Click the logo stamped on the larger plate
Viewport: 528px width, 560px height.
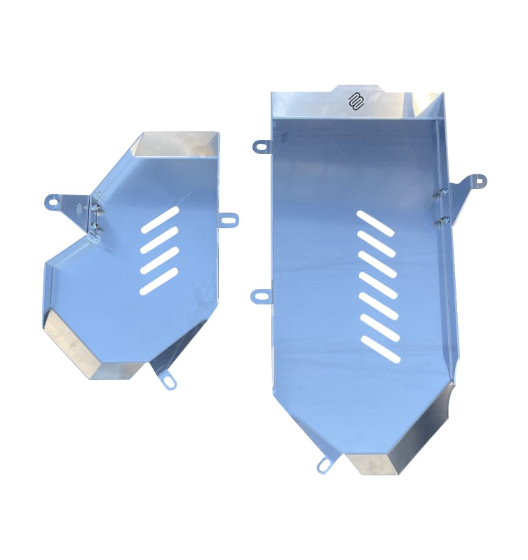356,101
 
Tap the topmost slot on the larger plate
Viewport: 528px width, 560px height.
376,223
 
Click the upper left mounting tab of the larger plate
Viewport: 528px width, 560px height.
262,146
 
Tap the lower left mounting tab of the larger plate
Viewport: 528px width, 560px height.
260,296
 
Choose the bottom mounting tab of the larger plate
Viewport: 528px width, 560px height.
325,465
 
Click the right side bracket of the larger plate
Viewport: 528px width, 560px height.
466,186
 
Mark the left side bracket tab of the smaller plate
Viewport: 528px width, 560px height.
60,201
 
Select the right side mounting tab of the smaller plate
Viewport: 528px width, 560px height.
229,220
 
